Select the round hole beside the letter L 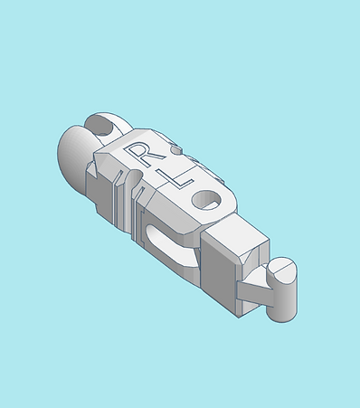tap(207, 200)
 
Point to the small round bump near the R tap(176, 149)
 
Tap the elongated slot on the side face tap(169, 244)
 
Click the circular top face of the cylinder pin tap(282, 269)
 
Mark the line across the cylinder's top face tap(283, 269)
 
